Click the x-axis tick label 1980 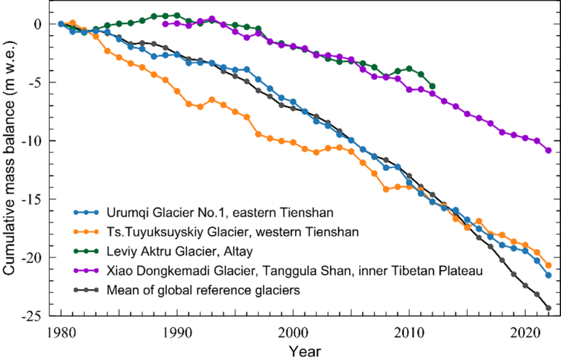coord(60,331)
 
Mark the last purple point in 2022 coord(549,150)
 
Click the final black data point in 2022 coord(549,308)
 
